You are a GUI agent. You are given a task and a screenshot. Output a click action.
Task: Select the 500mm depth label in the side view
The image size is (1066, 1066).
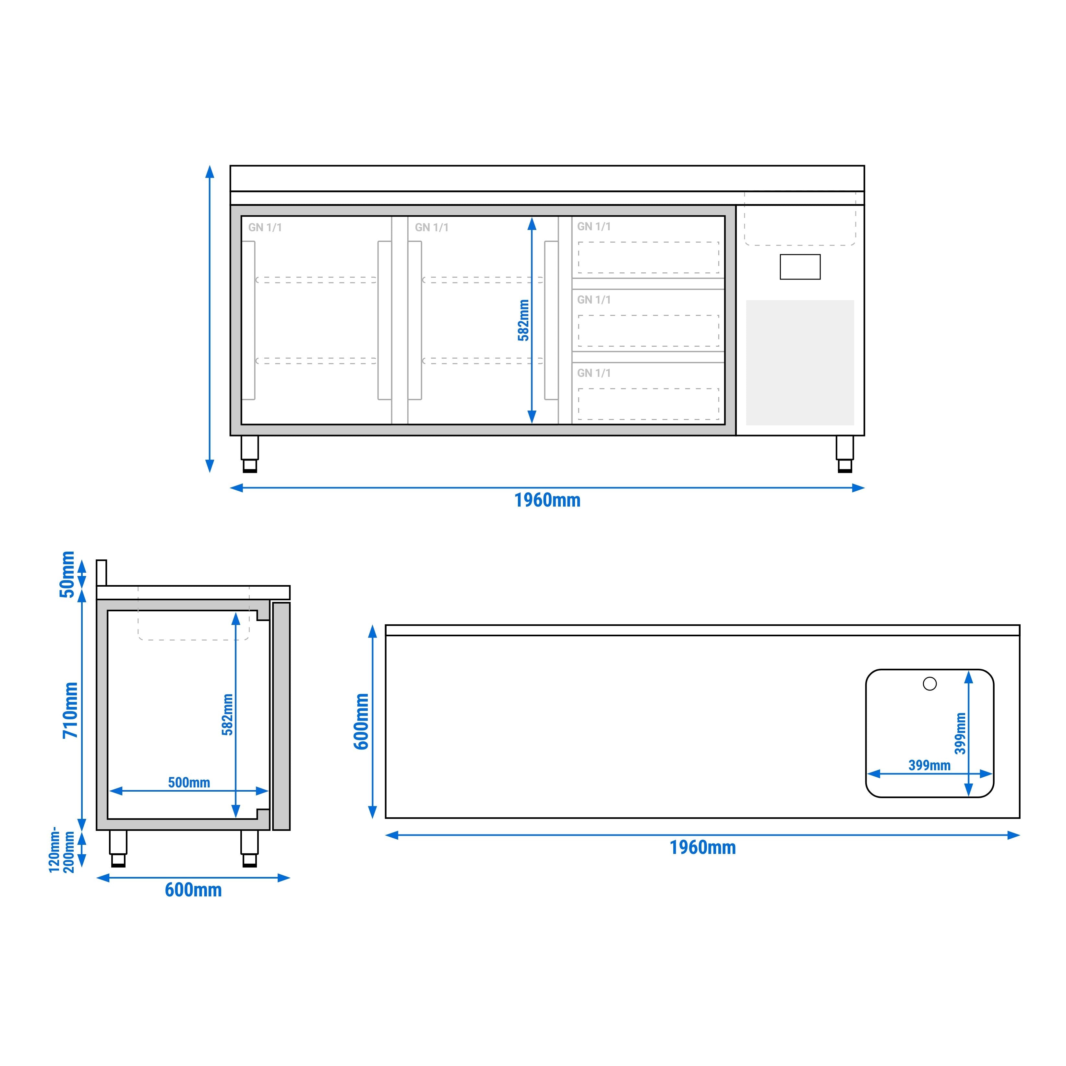(x=189, y=783)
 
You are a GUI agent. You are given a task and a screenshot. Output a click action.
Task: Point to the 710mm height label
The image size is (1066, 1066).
(x=70, y=710)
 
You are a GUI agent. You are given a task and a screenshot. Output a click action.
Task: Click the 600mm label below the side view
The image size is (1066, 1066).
(x=193, y=890)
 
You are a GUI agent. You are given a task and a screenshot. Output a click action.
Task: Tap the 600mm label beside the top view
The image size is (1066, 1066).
(x=361, y=721)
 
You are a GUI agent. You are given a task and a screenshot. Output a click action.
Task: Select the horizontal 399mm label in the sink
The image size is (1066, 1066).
(x=929, y=765)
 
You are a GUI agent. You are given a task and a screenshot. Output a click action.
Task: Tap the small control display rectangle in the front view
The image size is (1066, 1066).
(x=800, y=267)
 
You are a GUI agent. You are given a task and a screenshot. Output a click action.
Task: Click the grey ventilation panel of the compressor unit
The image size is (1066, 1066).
(x=800, y=363)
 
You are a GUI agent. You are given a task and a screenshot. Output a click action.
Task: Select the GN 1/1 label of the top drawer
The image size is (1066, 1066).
(x=594, y=226)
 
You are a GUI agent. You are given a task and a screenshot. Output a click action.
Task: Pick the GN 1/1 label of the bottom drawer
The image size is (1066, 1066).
(x=594, y=373)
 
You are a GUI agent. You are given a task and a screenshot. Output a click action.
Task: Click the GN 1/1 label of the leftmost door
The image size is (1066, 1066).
(x=265, y=227)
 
